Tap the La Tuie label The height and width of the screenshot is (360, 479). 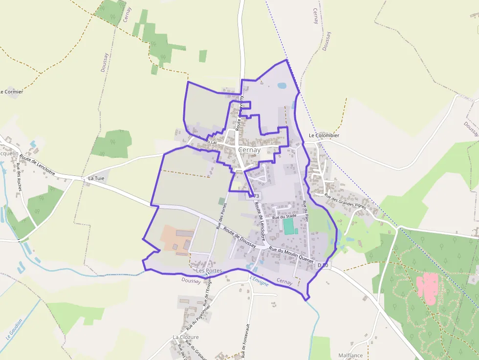coord(96,179)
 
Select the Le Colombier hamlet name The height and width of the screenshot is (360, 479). coord(324,135)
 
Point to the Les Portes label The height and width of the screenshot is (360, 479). coord(209,271)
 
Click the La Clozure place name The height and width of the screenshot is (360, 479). coord(186,337)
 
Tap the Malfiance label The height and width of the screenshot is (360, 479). coord(350,356)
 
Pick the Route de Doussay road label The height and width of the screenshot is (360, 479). coord(239,237)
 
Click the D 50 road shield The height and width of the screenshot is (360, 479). coord(323,265)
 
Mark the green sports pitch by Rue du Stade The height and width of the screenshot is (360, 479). coord(288,226)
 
